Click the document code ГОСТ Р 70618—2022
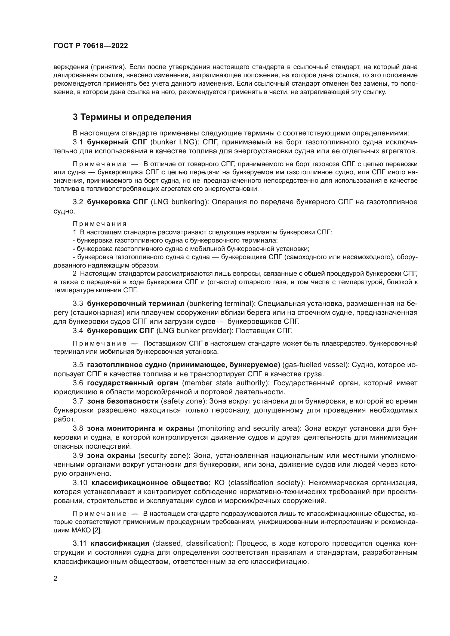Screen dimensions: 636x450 pos(91,46)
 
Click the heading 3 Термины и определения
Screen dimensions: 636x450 pos(132,117)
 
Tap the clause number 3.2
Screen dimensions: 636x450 pos(78,202)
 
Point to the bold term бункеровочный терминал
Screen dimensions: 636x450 pos(135,304)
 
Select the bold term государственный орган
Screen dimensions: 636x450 pos(132,383)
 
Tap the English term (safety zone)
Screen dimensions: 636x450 pos(184,401)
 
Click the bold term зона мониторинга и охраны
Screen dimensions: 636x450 pos(140,429)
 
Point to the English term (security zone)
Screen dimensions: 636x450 pos(164,456)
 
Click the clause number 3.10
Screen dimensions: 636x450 pos(80,483)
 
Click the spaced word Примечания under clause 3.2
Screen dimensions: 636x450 pos(100,224)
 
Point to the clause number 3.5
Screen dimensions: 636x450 pos(78,365)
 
